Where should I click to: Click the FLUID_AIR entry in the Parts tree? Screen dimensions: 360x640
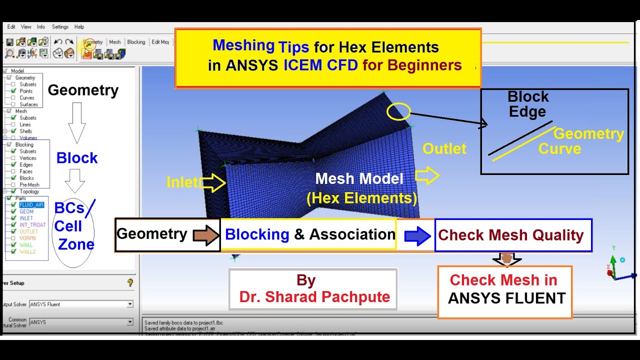(x=31, y=205)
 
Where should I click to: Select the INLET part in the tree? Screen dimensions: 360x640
(x=26, y=218)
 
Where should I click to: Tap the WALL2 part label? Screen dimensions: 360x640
(x=27, y=252)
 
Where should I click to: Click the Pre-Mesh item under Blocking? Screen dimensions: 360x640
(x=29, y=185)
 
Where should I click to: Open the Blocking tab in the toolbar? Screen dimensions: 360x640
(x=136, y=42)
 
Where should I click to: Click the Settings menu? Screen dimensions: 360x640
(x=60, y=27)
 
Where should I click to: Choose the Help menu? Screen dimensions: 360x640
(x=79, y=27)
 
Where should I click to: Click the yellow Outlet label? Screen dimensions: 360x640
(x=444, y=148)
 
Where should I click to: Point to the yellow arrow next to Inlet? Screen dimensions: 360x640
(x=213, y=183)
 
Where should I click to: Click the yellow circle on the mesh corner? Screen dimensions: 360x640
(x=398, y=111)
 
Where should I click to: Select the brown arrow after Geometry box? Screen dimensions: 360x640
(x=205, y=235)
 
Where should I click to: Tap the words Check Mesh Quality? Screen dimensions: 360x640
(x=510, y=235)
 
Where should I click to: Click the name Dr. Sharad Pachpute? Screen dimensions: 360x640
(x=314, y=297)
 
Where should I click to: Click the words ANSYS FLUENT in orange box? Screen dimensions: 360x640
(x=506, y=298)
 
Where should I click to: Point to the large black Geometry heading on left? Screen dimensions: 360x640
(x=83, y=90)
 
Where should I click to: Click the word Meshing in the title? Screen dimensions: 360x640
(x=243, y=45)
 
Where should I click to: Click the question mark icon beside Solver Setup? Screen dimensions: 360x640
(x=130, y=283)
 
